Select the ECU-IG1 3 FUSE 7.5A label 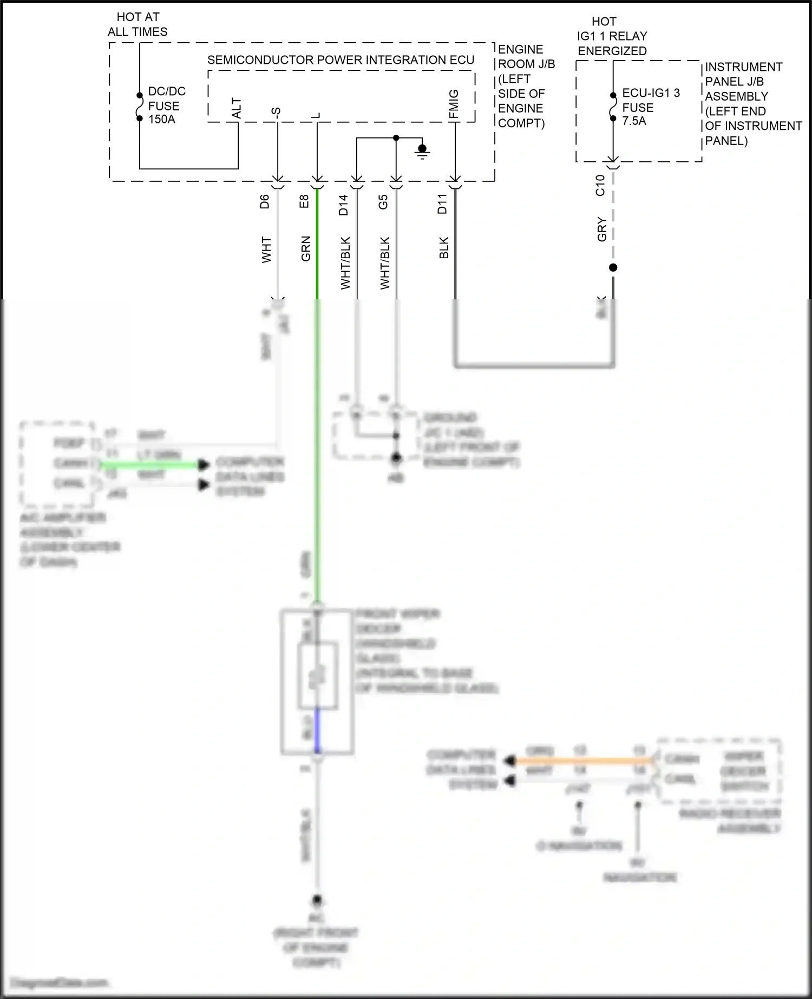(x=650, y=107)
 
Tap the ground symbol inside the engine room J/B (x=422, y=151)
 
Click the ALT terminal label (x=237, y=108)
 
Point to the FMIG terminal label (x=454, y=104)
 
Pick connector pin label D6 (x=264, y=202)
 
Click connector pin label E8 (x=304, y=202)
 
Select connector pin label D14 (x=344, y=205)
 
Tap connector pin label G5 (x=383, y=202)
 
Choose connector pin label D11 (x=442, y=204)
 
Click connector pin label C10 (x=600, y=185)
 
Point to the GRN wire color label (x=306, y=249)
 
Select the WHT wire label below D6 (x=266, y=250)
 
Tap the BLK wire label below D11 (x=444, y=248)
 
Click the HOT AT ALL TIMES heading (x=137, y=24)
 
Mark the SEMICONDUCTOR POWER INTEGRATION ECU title (x=340, y=60)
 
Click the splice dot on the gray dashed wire (x=613, y=267)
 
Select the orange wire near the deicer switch (x=579, y=761)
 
